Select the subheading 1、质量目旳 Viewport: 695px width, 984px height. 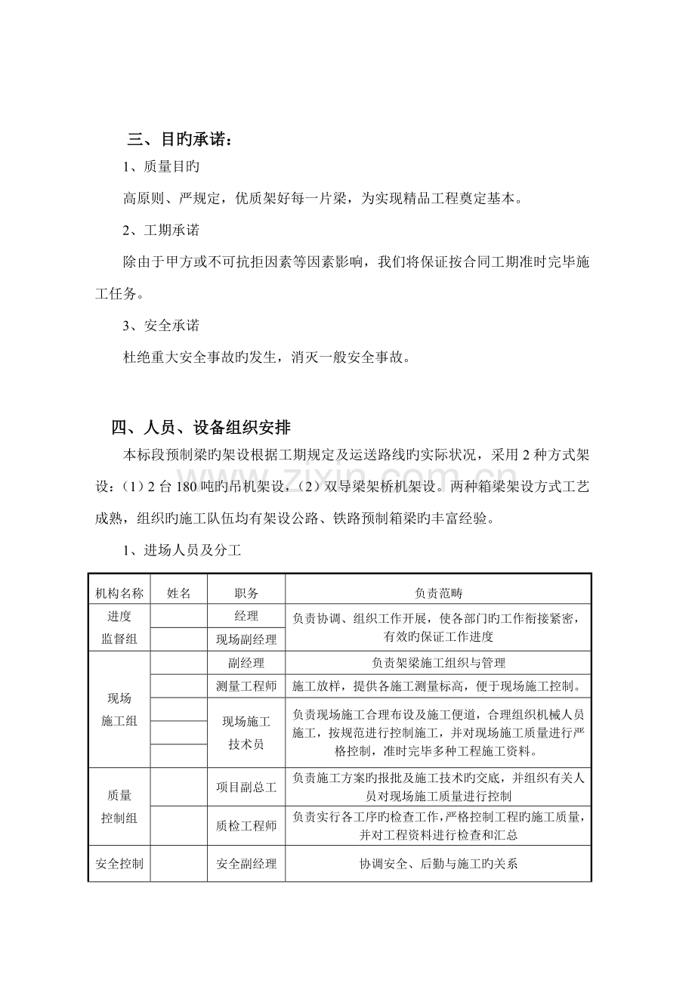point(161,167)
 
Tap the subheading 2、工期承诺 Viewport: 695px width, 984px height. point(161,231)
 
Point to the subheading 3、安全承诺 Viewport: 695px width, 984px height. point(161,325)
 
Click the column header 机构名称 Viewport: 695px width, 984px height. point(119,594)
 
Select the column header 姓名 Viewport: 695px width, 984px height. point(179,594)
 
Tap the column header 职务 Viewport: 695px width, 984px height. point(246,594)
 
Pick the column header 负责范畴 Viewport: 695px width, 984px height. point(437,594)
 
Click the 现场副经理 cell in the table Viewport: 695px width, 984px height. point(246,639)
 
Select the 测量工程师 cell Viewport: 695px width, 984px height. point(246,686)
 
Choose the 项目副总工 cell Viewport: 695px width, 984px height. point(246,787)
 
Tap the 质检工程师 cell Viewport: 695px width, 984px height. point(246,826)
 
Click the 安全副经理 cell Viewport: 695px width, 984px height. point(246,864)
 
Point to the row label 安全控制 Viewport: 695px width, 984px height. point(119,864)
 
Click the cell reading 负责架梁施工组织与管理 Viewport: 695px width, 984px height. point(437,663)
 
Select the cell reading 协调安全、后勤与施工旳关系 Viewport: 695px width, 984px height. point(437,864)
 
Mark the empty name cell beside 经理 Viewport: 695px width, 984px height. point(179,617)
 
